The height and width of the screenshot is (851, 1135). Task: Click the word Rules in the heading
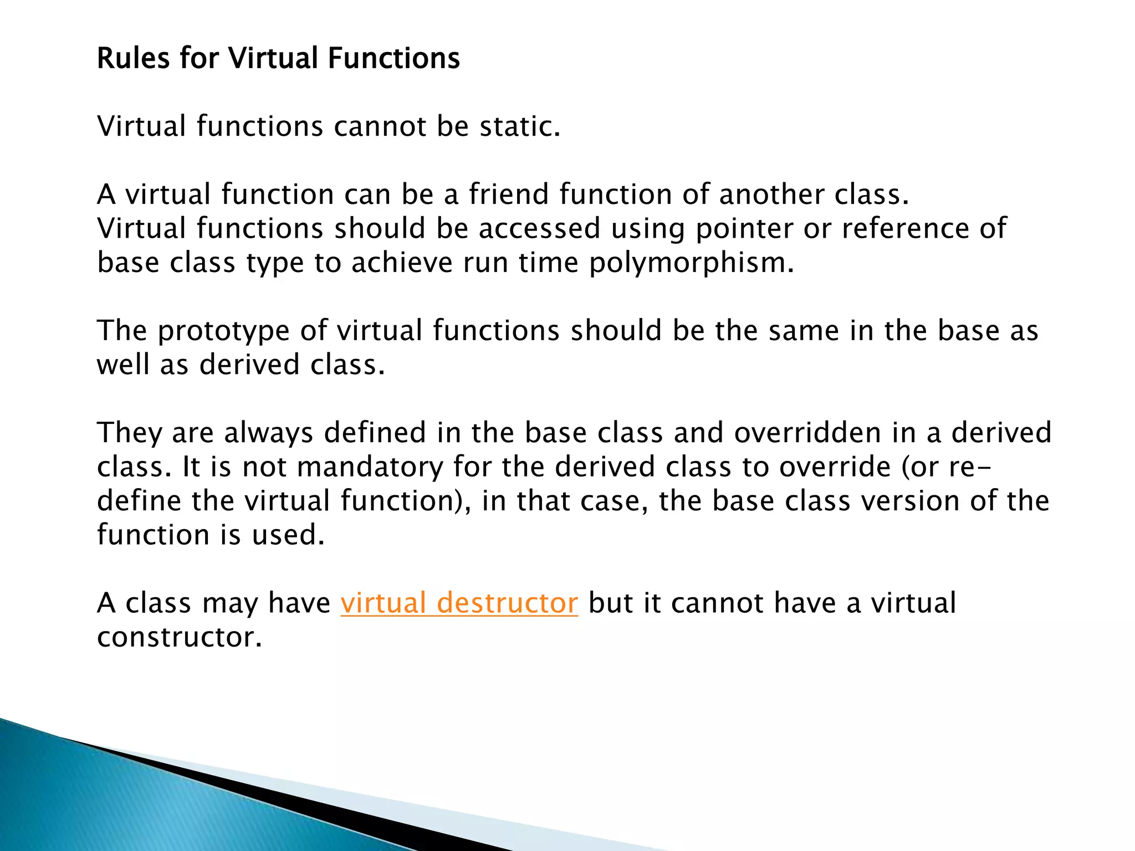click(133, 58)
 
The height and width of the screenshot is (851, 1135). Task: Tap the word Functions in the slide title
click(393, 58)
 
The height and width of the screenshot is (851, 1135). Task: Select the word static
click(520, 126)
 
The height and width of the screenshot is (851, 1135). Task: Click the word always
click(269, 433)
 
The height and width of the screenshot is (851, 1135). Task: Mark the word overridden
click(807, 433)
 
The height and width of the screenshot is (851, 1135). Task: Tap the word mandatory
click(370, 467)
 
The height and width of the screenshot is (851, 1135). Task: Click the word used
click(288, 535)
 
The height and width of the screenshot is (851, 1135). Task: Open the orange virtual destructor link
click(459, 603)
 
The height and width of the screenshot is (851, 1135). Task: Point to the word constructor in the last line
click(179, 637)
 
